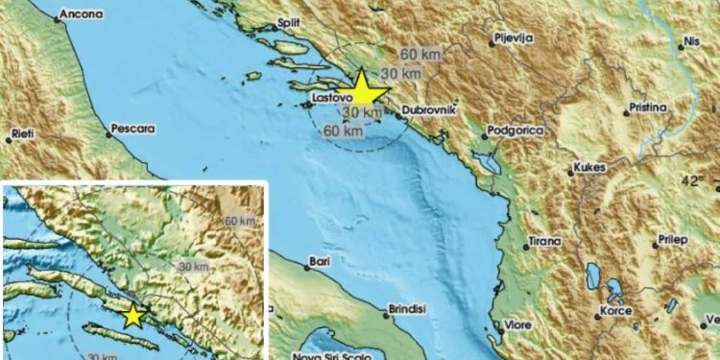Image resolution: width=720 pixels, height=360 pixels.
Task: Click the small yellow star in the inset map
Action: [x=132, y=316]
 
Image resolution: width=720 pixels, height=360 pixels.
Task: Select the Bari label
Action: [x=318, y=261]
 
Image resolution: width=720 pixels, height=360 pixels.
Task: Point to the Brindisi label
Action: [x=403, y=310]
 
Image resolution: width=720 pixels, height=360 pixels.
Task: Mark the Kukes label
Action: [x=588, y=168]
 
